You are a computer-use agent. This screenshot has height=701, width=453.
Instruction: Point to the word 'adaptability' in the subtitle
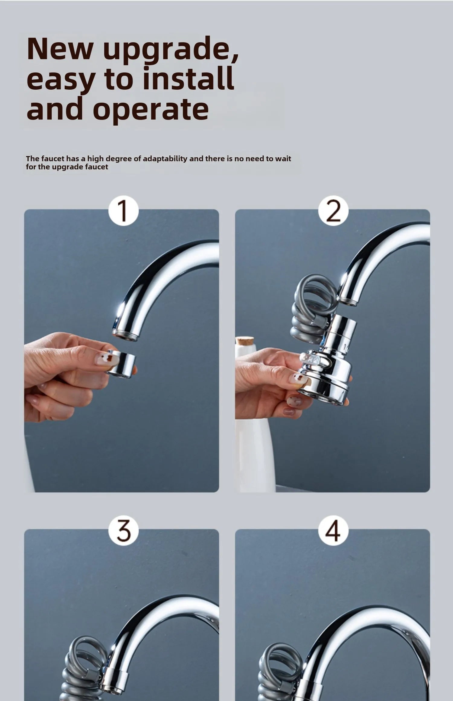click(x=165, y=159)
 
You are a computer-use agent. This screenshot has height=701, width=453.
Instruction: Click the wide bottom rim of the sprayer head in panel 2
click(x=323, y=394)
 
